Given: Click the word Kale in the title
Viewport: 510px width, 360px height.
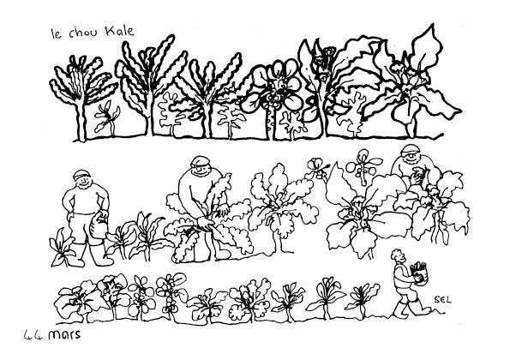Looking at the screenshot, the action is tap(119, 31).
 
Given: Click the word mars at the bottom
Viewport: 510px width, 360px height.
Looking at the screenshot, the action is tap(64, 334).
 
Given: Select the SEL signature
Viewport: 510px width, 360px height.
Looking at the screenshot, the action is tap(442, 300).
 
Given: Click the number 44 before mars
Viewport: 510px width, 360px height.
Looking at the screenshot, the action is tap(33, 335).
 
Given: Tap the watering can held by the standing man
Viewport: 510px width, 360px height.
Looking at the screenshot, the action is tap(99, 225).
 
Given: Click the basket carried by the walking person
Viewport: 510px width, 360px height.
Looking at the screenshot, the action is tap(418, 273).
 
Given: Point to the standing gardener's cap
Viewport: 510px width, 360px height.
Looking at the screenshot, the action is tap(81, 174).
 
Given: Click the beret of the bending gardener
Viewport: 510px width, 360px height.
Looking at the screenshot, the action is tap(200, 161).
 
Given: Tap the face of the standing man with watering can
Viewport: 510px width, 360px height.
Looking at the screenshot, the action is tap(82, 182).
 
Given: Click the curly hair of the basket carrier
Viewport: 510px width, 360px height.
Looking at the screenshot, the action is tap(397, 255).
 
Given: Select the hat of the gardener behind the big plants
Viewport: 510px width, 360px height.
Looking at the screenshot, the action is tap(410, 150).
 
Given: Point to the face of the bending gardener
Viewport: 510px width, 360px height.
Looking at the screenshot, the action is tap(202, 170).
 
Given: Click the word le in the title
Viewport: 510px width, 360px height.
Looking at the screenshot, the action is tap(57, 33).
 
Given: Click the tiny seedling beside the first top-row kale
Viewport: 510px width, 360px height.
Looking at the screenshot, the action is tap(107, 117).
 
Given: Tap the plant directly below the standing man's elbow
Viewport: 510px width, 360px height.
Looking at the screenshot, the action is tap(63, 248).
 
